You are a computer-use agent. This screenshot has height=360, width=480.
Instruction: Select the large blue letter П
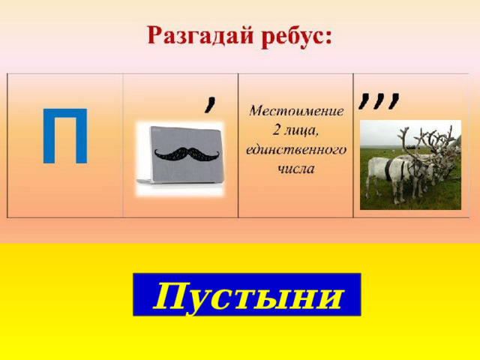coord(65,136)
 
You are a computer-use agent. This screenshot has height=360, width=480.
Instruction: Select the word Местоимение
coord(296,111)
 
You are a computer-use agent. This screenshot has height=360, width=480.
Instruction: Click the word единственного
coord(296,149)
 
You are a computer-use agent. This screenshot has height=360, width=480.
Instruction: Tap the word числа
coord(295,168)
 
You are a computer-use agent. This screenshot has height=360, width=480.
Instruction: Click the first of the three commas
coord(364,100)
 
